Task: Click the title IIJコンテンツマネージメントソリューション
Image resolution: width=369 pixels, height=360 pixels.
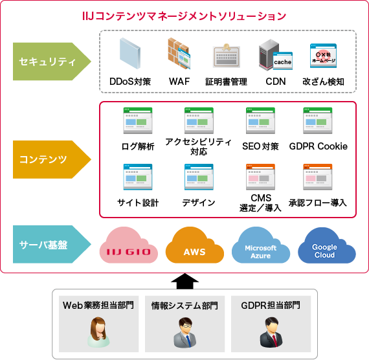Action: pyautogui.click(x=184, y=15)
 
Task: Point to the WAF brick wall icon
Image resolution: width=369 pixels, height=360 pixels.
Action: pyautogui.click(x=178, y=55)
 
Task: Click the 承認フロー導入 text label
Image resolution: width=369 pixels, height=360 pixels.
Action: pyautogui.click(x=318, y=203)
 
